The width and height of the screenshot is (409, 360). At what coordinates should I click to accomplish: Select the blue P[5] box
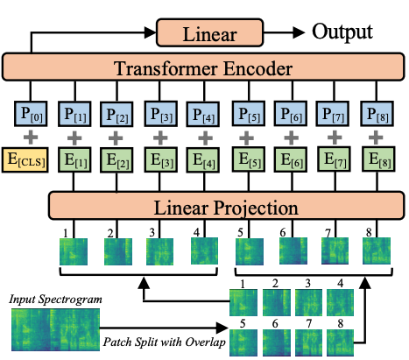click(249, 115)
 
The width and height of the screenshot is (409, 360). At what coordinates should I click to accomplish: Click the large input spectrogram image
click(46, 332)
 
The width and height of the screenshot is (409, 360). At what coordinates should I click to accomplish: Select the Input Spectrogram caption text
click(51, 300)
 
